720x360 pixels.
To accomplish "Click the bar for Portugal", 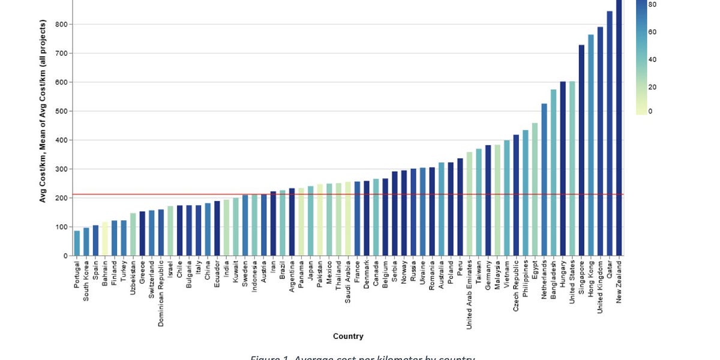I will point(77,243).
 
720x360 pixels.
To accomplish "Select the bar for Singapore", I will point(581,150).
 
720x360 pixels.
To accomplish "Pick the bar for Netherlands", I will point(544,179).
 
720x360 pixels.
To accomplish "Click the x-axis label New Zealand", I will point(619,281).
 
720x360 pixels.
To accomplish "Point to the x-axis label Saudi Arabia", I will point(348,281).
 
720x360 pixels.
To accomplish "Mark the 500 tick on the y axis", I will point(62,111).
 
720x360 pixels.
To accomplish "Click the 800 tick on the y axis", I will point(62,25).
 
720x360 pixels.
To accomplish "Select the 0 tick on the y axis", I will point(65,256).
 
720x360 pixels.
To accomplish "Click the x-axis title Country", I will point(348,336).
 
